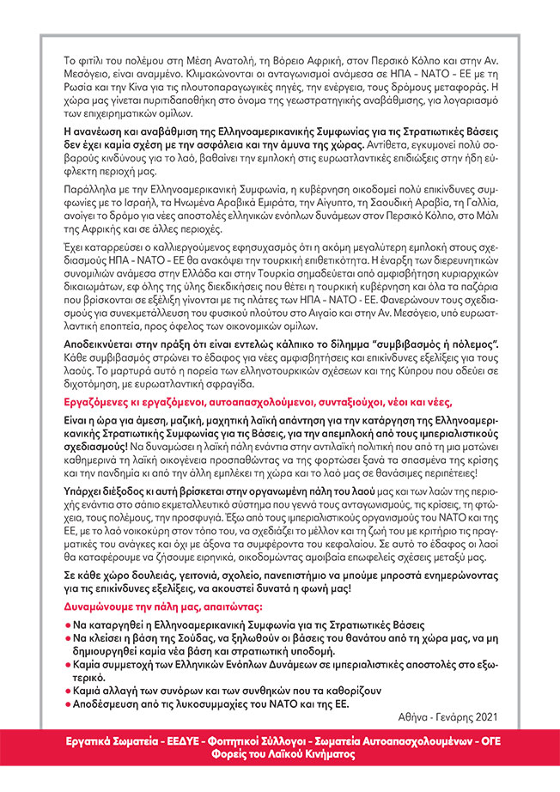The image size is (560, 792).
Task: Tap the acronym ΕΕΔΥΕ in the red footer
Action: click(186, 741)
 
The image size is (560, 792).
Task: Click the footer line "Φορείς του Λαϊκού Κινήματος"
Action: click(279, 756)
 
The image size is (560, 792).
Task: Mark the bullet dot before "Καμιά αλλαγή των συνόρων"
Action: click(68, 690)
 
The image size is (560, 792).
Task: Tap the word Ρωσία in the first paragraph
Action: click(82, 74)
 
